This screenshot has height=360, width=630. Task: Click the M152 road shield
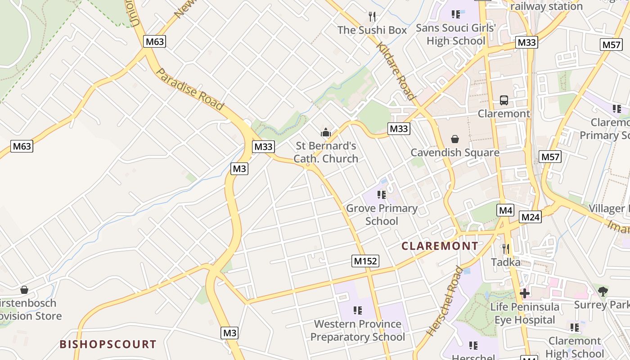[x=365, y=261]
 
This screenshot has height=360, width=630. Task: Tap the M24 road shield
[x=530, y=217]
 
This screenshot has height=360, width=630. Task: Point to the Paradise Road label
[x=190, y=90]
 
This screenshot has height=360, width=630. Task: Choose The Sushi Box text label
[x=372, y=30]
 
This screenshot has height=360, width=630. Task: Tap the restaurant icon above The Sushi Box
[x=372, y=17]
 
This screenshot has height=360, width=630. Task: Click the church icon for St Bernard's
[x=325, y=133]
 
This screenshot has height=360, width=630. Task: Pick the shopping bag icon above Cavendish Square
[x=455, y=139]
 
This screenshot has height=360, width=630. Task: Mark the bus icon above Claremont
[x=504, y=100]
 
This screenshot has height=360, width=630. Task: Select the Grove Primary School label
[x=382, y=215]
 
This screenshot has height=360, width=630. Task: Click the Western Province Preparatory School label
[x=358, y=330]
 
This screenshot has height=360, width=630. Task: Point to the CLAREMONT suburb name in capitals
[x=440, y=246]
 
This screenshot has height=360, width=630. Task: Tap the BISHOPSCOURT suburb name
[x=108, y=345]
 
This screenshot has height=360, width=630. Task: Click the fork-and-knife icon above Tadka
[x=506, y=249]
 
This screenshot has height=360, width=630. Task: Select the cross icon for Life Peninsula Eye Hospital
[x=524, y=293]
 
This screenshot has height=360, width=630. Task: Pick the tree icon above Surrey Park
[x=603, y=292]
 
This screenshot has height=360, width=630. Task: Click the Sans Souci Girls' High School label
[x=455, y=34]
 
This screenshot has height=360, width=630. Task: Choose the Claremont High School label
[x=575, y=347]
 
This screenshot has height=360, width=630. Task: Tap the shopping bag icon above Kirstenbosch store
[x=24, y=290]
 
